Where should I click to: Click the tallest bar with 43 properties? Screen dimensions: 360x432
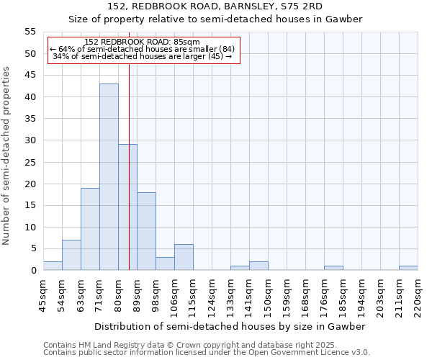pyautogui.click(x=109, y=177)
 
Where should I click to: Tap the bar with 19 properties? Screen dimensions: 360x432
pyautogui.click(x=90, y=229)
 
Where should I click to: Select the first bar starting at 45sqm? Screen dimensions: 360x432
pyautogui.click(x=53, y=266)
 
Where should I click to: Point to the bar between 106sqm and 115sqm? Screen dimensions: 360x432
pyautogui.click(x=184, y=257)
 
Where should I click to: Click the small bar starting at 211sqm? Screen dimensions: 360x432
pyautogui.click(x=408, y=268)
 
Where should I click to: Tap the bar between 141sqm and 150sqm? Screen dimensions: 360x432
pyautogui.click(x=258, y=266)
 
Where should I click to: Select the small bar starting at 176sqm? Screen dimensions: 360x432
pyautogui.click(x=333, y=268)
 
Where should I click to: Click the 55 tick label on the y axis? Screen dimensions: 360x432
pyautogui.click(x=30, y=32)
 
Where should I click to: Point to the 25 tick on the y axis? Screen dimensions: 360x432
pyautogui.click(x=30, y=162)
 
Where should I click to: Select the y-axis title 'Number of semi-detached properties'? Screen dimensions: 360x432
pyautogui.click(x=7, y=156)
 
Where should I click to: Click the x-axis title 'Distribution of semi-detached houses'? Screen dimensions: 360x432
pyautogui.click(x=230, y=326)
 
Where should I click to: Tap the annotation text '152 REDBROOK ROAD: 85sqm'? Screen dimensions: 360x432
pyautogui.click(x=142, y=42)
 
